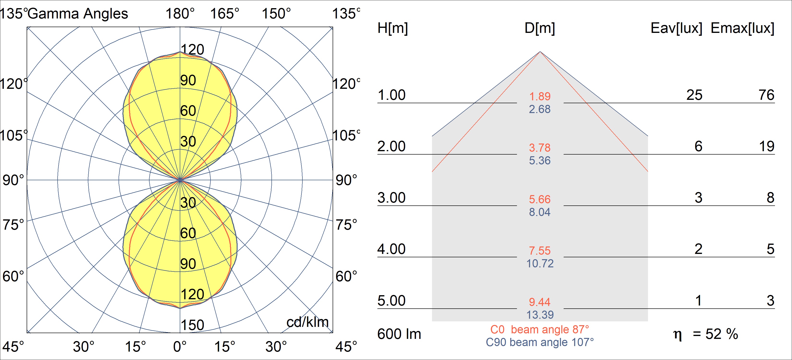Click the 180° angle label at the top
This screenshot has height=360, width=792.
pyautogui.click(x=180, y=14)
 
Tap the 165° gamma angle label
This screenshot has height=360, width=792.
pyautogui.click(x=224, y=14)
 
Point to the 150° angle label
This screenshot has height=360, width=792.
pyautogui.click(x=276, y=14)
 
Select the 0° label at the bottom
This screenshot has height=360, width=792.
pyautogui.click(x=180, y=347)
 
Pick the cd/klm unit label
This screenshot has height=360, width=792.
pyautogui.click(x=307, y=322)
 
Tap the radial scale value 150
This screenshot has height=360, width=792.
pyautogui.click(x=192, y=325)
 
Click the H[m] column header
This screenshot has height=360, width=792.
pyautogui.click(x=393, y=28)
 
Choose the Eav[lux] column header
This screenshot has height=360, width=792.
pyautogui.click(x=676, y=28)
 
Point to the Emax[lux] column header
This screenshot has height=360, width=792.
pyautogui.click(x=743, y=28)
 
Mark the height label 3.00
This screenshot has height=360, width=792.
pyautogui.click(x=391, y=198)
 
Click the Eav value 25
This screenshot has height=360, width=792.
pyautogui.click(x=694, y=95)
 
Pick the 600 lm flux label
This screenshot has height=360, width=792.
pyautogui.click(x=399, y=334)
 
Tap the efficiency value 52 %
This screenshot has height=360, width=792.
pyautogui.click(x=721, y=334)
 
